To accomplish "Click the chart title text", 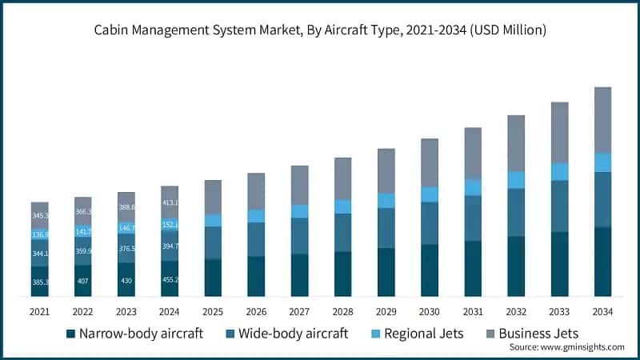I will [x=320, y=30].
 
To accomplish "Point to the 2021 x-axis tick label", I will [x=39, y=310].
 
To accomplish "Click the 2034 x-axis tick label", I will [x=602, y=310].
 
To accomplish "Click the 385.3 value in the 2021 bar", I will [x=40, y=282].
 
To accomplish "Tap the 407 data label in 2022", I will [x=83, y=282].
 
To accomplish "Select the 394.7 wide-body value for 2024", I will [x=170, y=246].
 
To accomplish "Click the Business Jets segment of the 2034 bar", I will [x=602, y=120].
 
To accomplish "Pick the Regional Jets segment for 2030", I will [x=430, y=194].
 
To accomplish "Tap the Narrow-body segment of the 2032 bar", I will [x=516, y=266].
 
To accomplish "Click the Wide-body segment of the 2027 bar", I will [x=299, y=236].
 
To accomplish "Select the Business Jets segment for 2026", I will [x=256, y=191].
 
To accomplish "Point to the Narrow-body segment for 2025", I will [x=213, y=278].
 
